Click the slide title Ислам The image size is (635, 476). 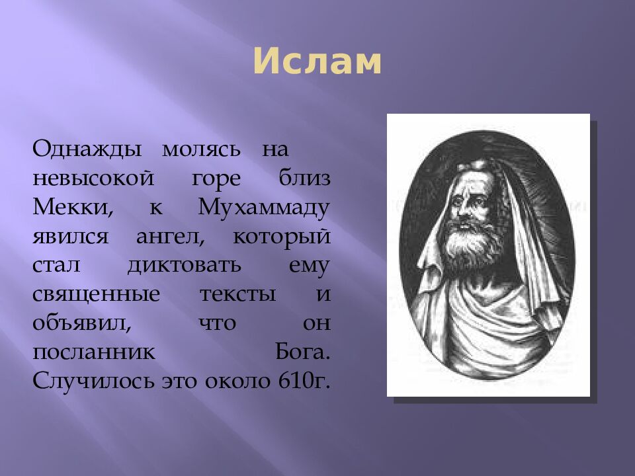(x=317, y=62)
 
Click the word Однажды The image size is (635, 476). (x=87, y=148)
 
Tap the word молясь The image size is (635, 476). (x=201, y=148)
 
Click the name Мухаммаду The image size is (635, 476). (x=263, y=209)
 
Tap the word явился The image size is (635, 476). (x=69, y=237)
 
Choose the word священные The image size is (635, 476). (x=96, y=296)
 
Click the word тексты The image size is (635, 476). (x=237, y=295)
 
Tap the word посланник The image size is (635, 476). (x=93, y=353)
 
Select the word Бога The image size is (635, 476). (x=302, y=353)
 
